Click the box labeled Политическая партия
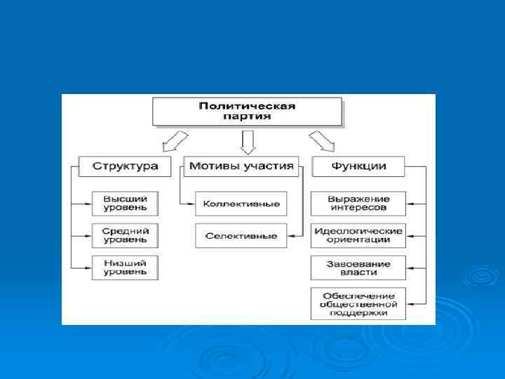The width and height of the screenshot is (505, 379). (x=247, y=112)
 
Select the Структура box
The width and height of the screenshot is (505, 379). (x=125, y=167)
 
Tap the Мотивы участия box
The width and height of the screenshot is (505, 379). (x=241, y=167)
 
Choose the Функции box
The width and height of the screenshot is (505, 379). (x=358, y=167)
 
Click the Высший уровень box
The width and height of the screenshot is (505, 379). (x=125, y=203)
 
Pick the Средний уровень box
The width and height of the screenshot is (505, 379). (x=125, y=235)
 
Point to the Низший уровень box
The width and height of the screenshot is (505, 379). (x=125, y=267)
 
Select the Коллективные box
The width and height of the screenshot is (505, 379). (x=241, y=204)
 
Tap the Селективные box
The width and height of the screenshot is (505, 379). (x=241, y=236)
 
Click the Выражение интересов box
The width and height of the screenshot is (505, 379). (x=358, y=203)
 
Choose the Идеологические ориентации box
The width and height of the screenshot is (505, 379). (x=358, y=235)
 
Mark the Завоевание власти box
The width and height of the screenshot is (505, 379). (x=358, y=267)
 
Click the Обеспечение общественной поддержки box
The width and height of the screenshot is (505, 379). (x=358, y=303)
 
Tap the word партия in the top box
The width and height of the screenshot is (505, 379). (x=247, y=117)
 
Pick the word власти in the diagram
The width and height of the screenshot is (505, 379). (x=358, y=272)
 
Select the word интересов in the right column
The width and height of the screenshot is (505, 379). (x=358, y=208)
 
